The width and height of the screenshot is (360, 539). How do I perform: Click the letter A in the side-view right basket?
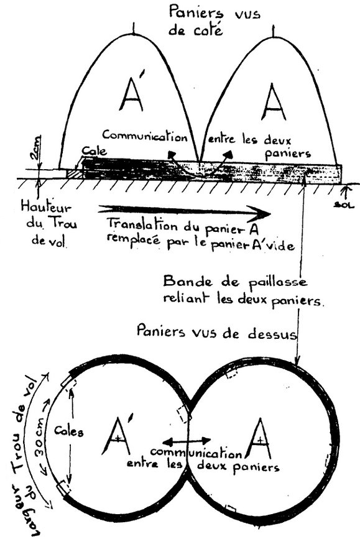coord(274,102)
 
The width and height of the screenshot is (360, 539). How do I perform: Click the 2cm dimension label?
coord(36,148)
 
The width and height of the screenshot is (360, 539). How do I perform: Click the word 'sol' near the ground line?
coord(346,205)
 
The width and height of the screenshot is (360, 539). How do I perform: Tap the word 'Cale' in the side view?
coord(93,151)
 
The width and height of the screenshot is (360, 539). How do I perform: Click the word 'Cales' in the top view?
coord(69,431)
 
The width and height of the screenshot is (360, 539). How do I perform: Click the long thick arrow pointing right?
coord(184,210)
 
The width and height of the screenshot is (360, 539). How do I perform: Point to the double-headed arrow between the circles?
coord(186,441)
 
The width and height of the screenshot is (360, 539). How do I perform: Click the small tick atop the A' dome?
coord(134,29)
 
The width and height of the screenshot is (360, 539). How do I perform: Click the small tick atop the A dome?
coord(274,32)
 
